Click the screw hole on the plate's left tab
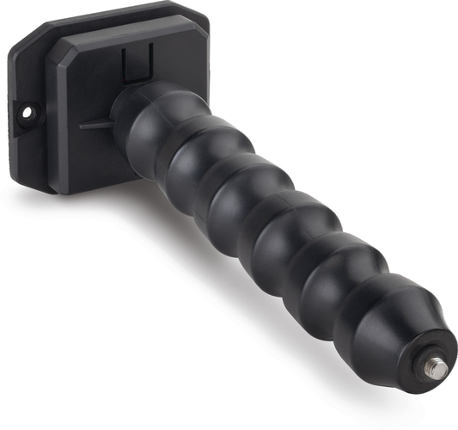[x=27, y=112]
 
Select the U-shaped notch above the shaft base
[x=136, y=64]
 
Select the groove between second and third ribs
[x=217, y=182]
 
